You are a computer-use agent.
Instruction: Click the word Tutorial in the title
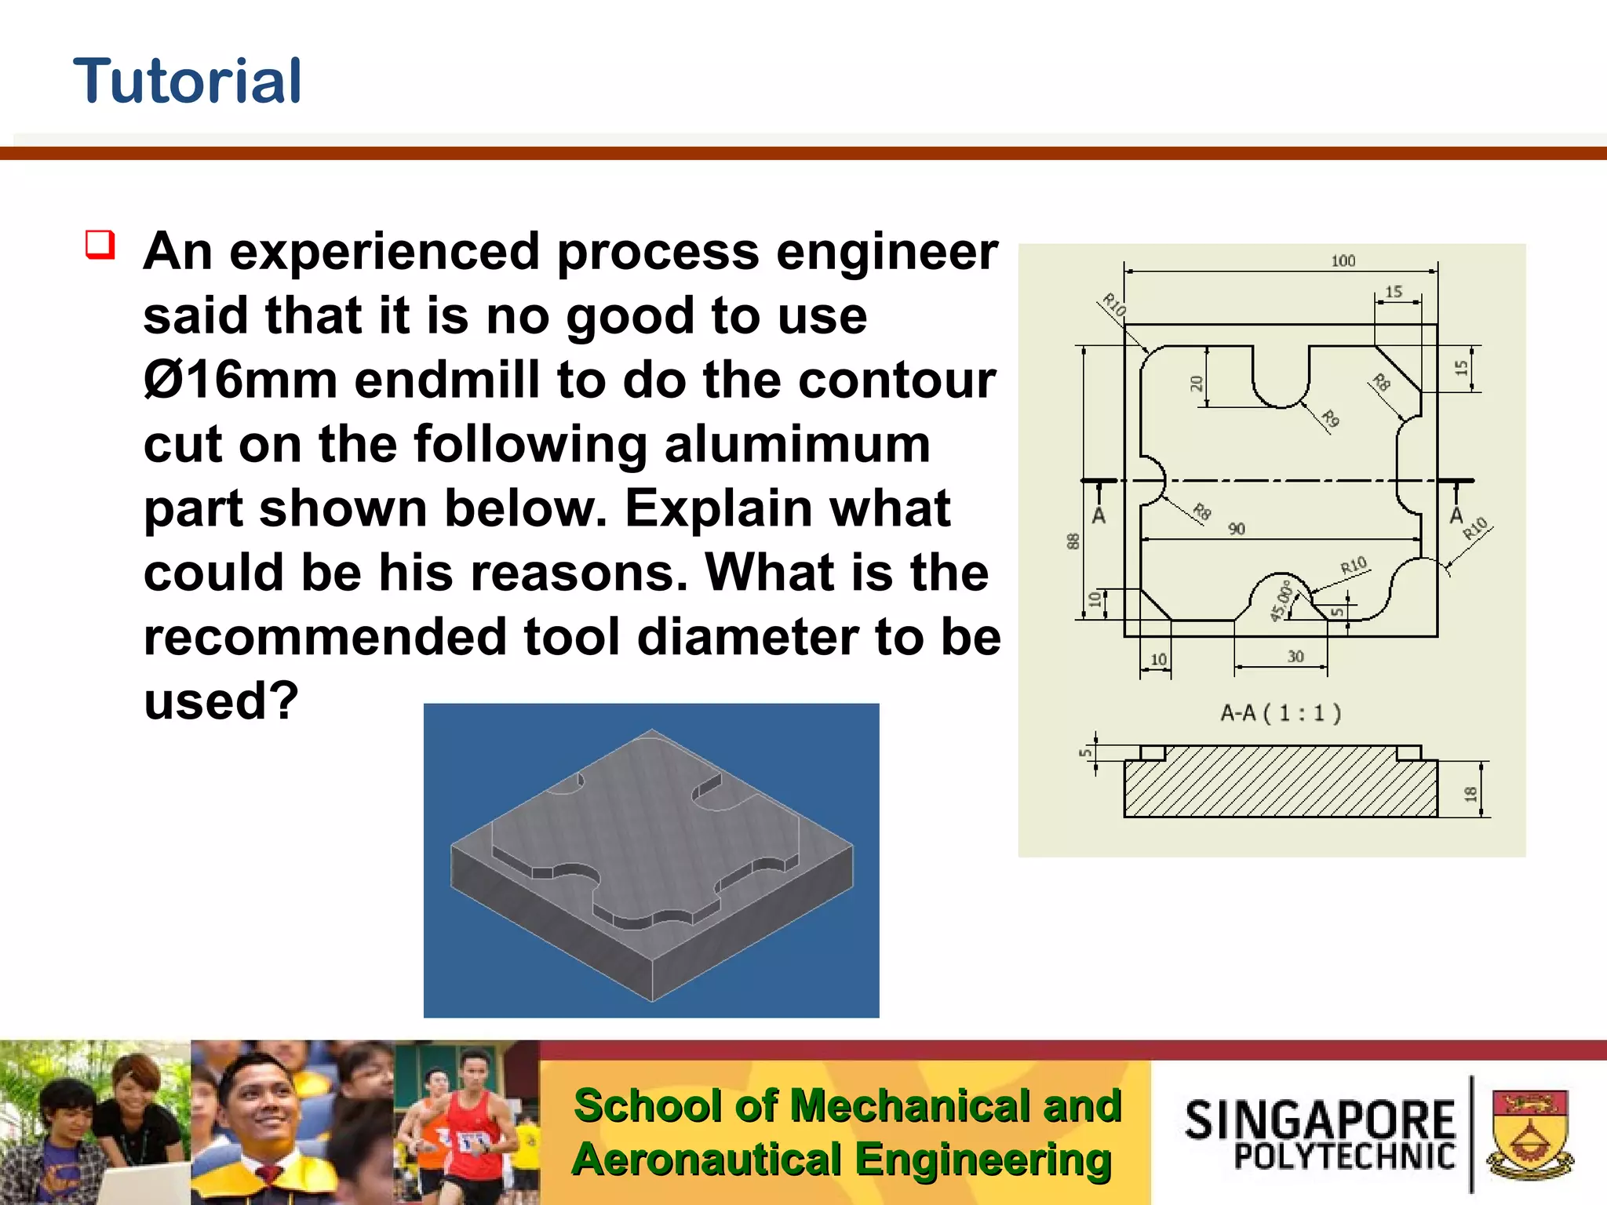pos(187,82)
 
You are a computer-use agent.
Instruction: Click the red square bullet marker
pos(100,245)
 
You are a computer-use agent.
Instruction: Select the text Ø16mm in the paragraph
pos(240,380)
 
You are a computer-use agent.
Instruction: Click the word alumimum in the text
pos(797,445)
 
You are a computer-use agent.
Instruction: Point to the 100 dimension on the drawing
pos(1343,260)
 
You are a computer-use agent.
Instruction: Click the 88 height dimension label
pos(1073,541)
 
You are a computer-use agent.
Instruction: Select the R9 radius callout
pos(1329,418)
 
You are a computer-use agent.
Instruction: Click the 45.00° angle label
pos(1281,601)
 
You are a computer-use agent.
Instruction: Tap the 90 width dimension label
pos(1237,529)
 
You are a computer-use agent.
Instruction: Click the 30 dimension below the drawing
pos(1295,657)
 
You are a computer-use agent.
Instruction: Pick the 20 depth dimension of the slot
pos(1196,384)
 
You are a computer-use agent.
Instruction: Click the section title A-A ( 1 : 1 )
pos(1281,713)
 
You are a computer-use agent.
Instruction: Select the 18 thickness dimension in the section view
pos(1470,794)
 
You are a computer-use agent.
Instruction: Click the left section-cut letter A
pos(1099,516)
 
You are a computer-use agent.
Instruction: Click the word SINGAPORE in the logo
pos(1320,1119)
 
